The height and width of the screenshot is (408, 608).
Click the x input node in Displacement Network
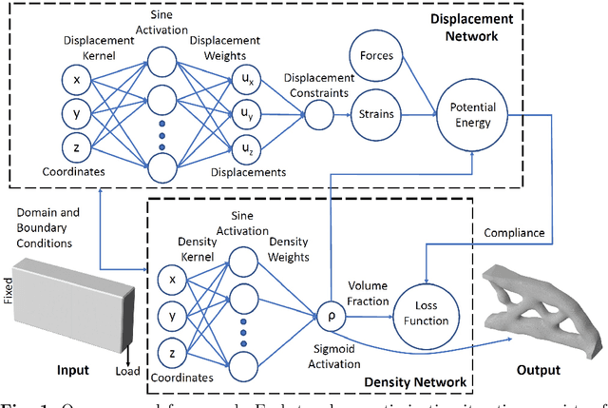[76, 78]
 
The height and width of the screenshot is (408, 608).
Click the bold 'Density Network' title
[419, 382]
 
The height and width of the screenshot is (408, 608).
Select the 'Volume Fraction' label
[368, 292]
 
